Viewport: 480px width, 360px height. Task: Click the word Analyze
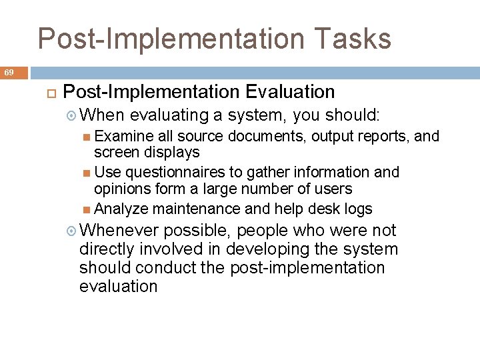(x=121, y=209)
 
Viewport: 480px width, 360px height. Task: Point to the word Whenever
(x=119, y=231)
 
